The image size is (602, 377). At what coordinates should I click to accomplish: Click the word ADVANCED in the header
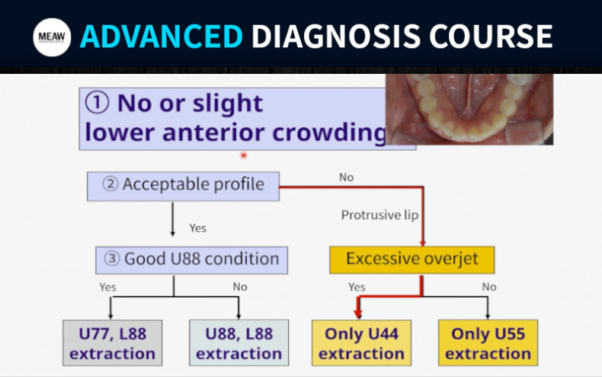161,37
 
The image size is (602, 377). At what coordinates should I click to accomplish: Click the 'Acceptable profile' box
183,184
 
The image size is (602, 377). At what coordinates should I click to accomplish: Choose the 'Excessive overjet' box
411,259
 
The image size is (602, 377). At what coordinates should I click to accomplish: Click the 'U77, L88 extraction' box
112,343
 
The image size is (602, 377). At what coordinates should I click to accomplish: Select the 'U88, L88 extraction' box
239,343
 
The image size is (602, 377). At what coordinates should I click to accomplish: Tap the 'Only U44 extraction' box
362,343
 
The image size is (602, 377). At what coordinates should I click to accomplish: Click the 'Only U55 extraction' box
488,343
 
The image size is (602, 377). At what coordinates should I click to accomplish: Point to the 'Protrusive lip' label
379,216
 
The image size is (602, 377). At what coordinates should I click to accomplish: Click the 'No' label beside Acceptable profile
346,177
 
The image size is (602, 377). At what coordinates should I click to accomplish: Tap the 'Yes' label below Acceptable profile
197,228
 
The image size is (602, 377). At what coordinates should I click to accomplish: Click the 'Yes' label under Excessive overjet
357,287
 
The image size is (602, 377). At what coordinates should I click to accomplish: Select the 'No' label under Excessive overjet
488,287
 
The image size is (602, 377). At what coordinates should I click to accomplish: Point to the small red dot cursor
244,155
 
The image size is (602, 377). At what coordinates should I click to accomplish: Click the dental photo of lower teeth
469,108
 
